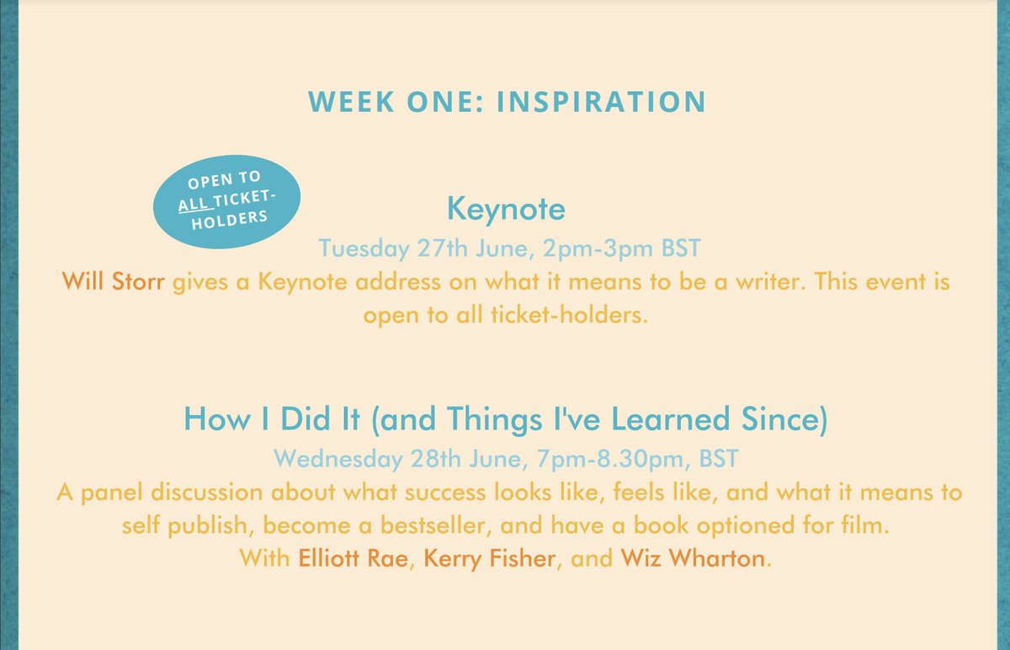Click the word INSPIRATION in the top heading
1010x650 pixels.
coord(601,101)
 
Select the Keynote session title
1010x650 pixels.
coord(506,208)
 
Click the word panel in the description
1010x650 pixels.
coord(110,492)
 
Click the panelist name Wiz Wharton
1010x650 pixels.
coord(694,557)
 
